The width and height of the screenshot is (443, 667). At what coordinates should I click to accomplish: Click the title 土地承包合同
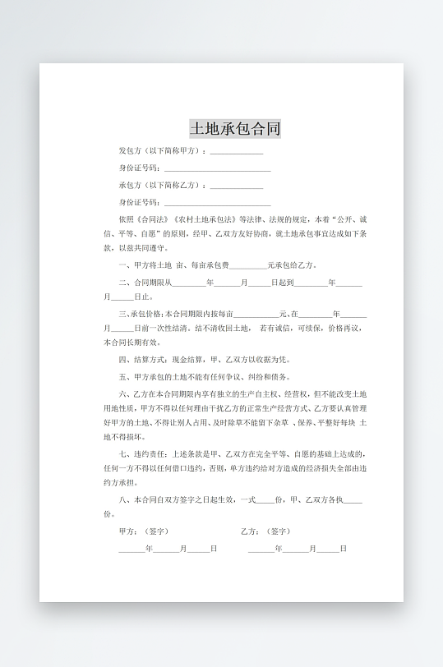click(x=235, y=128)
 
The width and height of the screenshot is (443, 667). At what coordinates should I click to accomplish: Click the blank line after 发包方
click(x=237, y=152)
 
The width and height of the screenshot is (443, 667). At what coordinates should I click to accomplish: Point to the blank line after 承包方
click(x=237, y=186)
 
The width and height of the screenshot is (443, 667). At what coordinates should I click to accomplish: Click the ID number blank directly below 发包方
click(x=217, y=168)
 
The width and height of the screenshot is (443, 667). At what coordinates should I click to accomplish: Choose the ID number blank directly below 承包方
click(x=217, y=202)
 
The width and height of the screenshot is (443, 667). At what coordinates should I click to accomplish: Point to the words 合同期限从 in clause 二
click(x=153, y=282)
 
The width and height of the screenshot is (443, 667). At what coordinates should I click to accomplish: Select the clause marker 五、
click(x=124, y=376)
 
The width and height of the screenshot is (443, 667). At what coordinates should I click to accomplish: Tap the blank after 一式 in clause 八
click(x=265, y=499)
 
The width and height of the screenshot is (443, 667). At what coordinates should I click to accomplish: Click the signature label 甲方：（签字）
click(x=144, y=531)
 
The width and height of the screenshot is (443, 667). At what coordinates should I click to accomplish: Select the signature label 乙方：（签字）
click(x=265, y=531)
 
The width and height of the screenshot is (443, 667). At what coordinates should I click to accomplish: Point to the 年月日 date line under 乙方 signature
click(x=297, y=549)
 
